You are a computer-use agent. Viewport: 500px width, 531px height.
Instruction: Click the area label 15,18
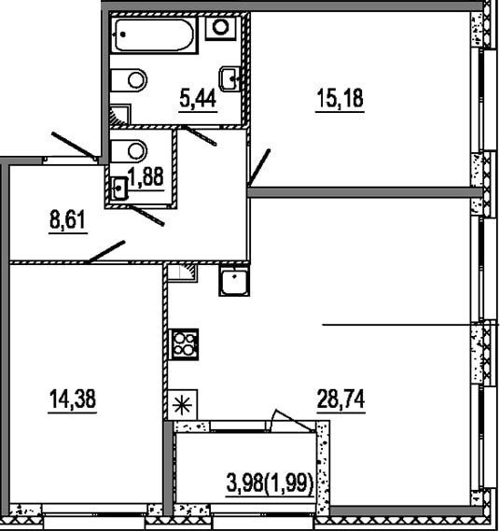pos(340,98)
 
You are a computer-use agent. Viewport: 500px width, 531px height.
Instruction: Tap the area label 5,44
pos(198,99)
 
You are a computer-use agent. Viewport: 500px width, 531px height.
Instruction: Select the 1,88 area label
pos(146,176)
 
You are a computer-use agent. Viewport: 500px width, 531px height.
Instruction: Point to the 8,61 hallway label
pos(68,219)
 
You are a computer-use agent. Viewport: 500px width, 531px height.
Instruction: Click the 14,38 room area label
pos(73,398)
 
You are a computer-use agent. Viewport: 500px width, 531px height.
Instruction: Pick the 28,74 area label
pos(340,398)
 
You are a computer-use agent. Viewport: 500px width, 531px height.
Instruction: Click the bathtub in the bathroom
pos(154,35)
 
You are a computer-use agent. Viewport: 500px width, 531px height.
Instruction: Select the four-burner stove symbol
pos(185,344)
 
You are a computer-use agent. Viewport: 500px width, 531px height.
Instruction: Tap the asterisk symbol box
pos(183,405)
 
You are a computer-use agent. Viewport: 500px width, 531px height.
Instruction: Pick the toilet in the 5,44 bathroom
pos(129,80)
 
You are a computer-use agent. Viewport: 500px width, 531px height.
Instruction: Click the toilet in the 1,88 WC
pos(129,151)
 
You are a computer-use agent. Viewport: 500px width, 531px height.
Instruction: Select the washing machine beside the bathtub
pos(221,28)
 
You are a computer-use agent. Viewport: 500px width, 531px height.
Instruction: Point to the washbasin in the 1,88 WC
pos(119,189)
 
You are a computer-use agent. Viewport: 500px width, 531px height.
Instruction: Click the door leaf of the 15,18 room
pos(259,168)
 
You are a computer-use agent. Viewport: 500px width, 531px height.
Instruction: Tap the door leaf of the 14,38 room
pos(107,251)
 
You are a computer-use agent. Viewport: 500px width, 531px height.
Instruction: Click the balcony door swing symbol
pos(293,421)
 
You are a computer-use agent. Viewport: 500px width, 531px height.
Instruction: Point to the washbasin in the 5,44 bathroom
pos(229,79)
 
